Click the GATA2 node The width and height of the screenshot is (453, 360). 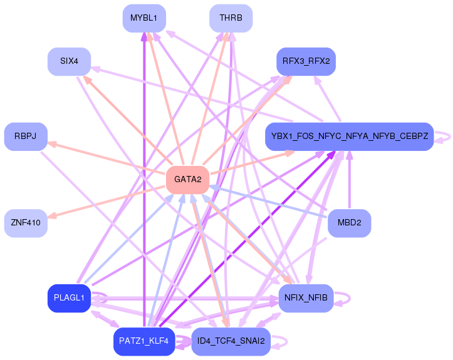187,180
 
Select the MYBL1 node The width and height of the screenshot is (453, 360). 144,18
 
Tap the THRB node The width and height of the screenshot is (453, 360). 231,18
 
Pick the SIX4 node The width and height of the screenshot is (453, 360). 69,61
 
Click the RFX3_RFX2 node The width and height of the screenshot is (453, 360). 306,61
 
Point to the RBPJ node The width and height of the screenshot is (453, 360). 26,136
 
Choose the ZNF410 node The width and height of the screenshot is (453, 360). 26,223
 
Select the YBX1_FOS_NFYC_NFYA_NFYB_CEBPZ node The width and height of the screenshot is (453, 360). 349,136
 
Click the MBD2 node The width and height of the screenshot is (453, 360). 349,223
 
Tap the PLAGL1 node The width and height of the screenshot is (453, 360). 69,298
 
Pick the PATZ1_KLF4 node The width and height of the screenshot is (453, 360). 144,341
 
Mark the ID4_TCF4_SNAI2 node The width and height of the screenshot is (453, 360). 231,341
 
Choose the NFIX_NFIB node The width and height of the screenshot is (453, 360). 306,298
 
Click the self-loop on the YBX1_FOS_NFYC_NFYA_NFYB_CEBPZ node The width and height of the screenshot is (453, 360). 444,136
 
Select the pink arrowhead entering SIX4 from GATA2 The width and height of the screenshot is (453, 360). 87,79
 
